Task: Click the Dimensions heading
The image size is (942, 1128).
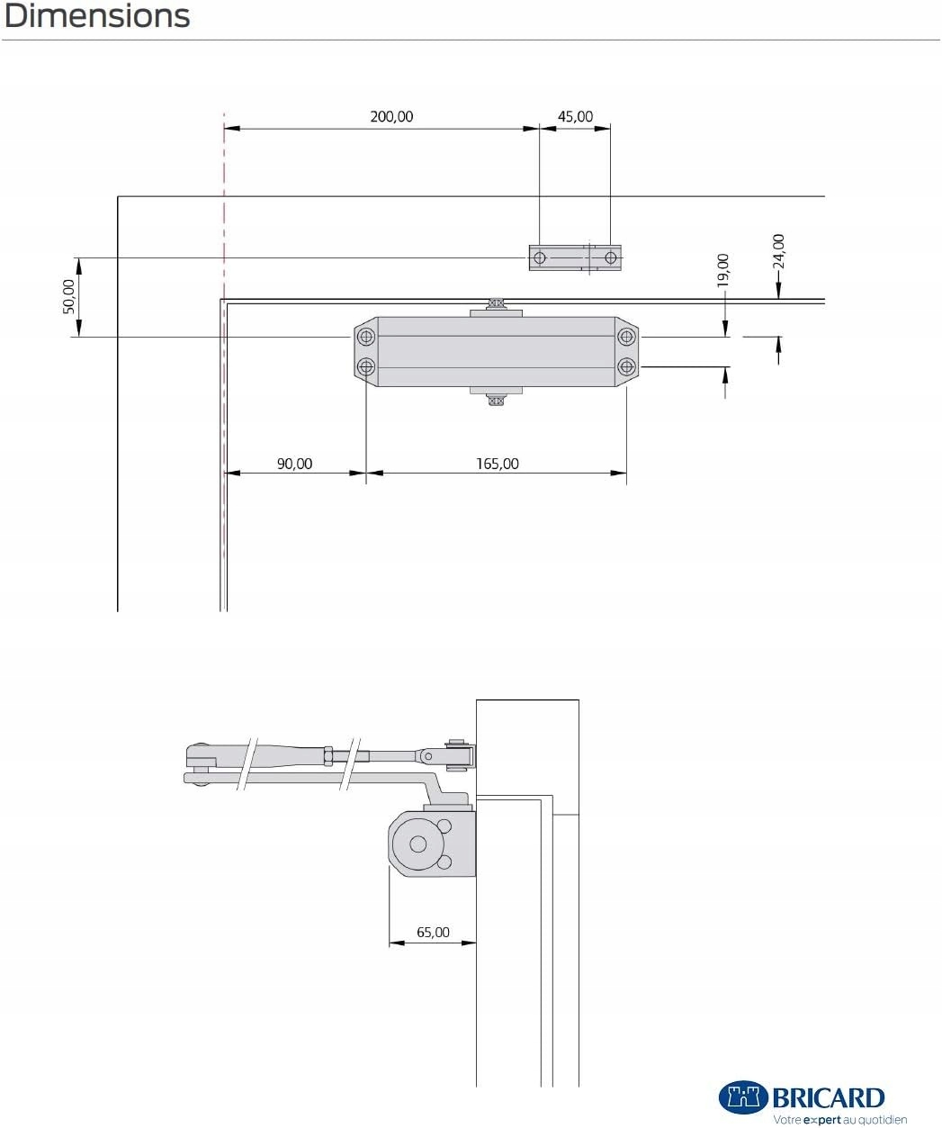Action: click(97, 16)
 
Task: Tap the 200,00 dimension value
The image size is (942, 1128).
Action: click(391, 117)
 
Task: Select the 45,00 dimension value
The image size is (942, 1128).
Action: click(575, 117)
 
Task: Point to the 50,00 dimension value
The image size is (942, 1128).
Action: click(69, 296)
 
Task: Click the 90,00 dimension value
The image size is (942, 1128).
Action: click(294, 464)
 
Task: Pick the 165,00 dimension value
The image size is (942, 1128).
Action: click(498, 464)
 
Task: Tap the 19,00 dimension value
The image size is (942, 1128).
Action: click(722, 270)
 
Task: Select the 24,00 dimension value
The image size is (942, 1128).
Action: click(778, 251)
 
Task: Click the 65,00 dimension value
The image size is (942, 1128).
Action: click(433, 932)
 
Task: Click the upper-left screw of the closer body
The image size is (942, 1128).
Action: click(366, 337)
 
